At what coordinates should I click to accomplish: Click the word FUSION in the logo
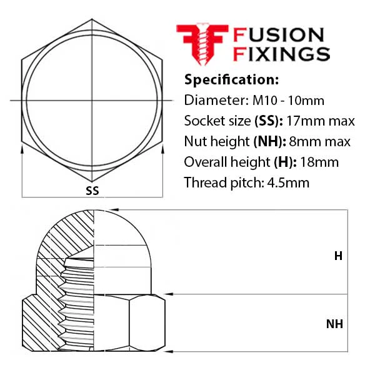(279, 35)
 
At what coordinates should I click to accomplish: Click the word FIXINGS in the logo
(281, 54)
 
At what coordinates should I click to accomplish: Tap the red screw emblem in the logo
(202, 44)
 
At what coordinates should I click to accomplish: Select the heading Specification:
(231, 79)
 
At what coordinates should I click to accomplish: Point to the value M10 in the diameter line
(265, 101)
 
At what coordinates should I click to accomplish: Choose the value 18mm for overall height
(319, 162)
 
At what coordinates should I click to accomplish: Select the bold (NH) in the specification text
(269, 142)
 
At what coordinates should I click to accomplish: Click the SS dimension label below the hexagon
(92, 191)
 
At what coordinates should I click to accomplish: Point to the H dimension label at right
(338, 256)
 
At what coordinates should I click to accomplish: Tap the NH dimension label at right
(334, 324)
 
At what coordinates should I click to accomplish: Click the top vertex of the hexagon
(92, 19)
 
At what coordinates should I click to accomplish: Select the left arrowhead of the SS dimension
(22, 149)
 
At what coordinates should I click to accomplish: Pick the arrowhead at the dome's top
(114, 210)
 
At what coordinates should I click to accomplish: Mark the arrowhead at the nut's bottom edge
(169, 351)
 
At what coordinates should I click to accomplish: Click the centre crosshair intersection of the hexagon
(92, 101)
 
